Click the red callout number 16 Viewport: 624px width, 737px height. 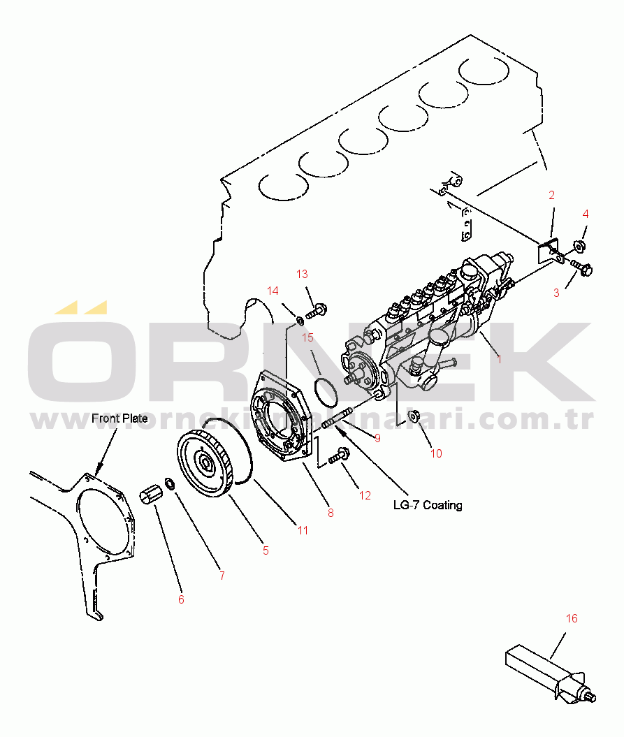572,618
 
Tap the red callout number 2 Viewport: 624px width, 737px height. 551,195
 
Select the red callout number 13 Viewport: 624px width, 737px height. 302,274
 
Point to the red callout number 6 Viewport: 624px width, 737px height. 181,600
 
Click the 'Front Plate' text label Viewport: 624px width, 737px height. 119,418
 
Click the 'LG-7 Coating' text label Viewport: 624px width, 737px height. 428,505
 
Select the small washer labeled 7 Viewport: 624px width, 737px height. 170,483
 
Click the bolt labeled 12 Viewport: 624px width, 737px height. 339,455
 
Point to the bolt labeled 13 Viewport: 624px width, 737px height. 317,311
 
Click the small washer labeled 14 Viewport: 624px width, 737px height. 298,321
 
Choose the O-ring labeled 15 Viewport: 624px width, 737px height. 326,392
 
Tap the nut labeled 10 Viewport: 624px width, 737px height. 413,416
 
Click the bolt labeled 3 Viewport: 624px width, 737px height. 581,268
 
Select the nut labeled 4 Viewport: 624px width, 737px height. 579,246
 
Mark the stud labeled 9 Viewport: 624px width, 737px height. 337,418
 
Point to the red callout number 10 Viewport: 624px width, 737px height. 436,453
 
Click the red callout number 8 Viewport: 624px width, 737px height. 331,513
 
